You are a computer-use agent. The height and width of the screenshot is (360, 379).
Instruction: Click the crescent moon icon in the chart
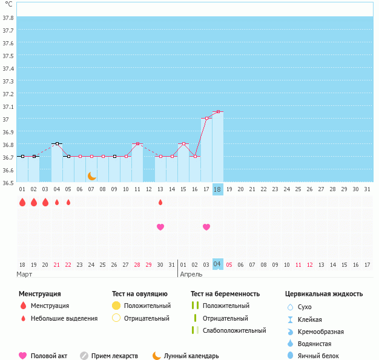tap(91, 176)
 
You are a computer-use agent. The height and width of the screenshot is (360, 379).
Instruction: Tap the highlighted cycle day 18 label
tap(217, 189)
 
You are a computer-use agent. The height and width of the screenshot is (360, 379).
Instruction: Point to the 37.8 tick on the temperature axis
tap(8, 18)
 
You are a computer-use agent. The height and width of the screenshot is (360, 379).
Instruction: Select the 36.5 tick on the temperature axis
tap(8, 183)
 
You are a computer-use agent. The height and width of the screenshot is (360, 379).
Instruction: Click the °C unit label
tap(8, 5)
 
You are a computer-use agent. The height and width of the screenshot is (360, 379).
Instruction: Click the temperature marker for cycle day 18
tap(217, 112)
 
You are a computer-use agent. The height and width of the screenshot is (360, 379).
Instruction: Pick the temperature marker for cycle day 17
tap(206, 118)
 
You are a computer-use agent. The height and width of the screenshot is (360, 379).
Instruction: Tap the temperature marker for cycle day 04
tap(57, 144)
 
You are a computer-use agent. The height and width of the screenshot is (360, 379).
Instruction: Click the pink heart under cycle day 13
tap(160, 227)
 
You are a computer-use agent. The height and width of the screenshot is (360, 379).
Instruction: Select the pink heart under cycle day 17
tap(206, 227)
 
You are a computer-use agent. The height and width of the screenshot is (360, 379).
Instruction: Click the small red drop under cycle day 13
tap(160, 202)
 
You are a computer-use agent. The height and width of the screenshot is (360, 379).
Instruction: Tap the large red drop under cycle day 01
tap(22, 202)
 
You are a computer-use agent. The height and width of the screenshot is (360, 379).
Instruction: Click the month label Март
tap(25, 274)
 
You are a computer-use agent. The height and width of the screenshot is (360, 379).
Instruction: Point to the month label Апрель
tap(192, 274)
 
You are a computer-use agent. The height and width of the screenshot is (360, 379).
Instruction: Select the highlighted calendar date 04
tap(217, 264)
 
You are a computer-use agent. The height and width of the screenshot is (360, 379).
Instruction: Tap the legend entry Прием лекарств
tap(114, 356)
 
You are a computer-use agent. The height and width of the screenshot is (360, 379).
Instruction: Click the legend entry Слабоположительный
tap(235, 330)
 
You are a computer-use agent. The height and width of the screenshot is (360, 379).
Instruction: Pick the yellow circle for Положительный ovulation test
tap(117, 306)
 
